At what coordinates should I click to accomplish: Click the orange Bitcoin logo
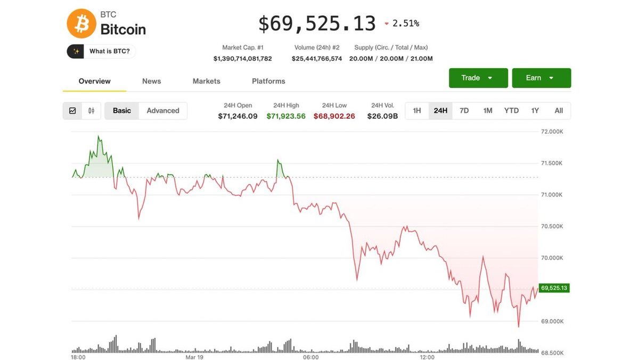[81, 23]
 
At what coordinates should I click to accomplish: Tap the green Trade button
[477, 78]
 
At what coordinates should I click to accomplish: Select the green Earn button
[541, 78]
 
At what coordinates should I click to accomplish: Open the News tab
[151, 81]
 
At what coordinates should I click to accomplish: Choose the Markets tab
[206, 81]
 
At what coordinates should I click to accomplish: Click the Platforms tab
[268, 81]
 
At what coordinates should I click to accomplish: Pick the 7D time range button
[464, 110]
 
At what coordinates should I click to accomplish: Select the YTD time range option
[511, 110]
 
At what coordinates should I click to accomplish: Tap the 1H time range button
[417, 110]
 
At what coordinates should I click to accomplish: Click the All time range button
[559, 110]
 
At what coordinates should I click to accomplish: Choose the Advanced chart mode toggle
[163, 111]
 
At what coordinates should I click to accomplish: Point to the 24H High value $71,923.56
[286, 116]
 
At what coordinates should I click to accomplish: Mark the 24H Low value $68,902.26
[334, 116]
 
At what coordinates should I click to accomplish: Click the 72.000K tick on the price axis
[552, 132]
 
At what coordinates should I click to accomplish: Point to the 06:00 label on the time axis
[310, 357]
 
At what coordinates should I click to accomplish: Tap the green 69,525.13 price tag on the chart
[554, 288]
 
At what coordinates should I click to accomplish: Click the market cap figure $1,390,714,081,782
[242, 59]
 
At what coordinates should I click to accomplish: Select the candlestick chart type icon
[91, 111]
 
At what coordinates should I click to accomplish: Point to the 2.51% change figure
[405, 23]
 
